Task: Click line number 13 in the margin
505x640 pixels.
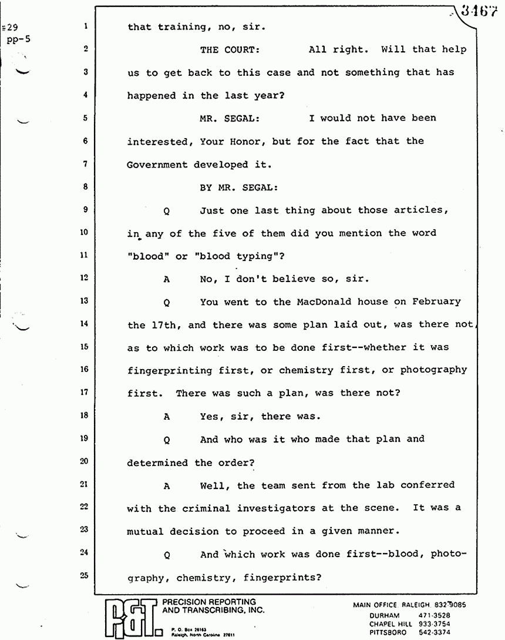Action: click(85, 301)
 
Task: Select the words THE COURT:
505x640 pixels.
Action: click(229, 50)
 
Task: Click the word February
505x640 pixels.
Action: click(434, 301)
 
